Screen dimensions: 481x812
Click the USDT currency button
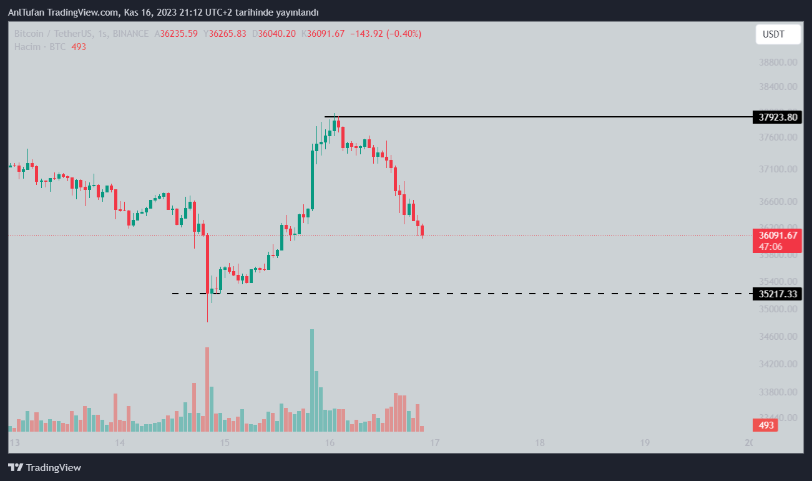click(x=778, y=34)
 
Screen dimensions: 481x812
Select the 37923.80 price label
click(x=777, y=117)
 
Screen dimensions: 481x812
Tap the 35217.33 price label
click(x=777, y=294)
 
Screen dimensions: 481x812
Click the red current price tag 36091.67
click(x=777, y=236)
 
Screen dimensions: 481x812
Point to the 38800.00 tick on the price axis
click(x=777, y=62)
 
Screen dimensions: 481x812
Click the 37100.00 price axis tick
click(x=777, y=169)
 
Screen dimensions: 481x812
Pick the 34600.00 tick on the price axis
click(x=777, y=336)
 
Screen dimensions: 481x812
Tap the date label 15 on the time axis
click(x=225, y=443)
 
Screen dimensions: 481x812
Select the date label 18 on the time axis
click(x=540, y=443)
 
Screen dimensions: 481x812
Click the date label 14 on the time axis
click(x=120, y=443)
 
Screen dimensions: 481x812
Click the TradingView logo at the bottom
click(x=45, y=467)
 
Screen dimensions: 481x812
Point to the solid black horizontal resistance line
click(x=537, y=117)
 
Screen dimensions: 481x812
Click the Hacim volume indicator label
click(x=27, y=47)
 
